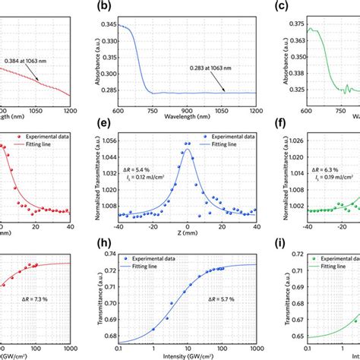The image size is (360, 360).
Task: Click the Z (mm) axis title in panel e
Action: pos(186,235)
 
